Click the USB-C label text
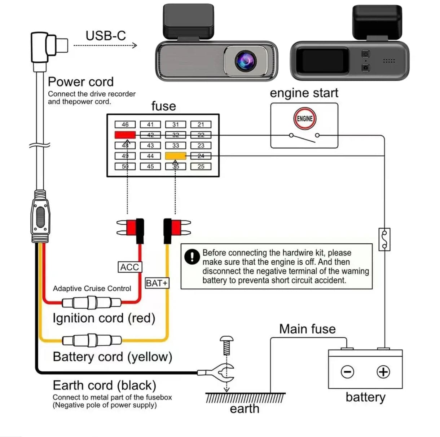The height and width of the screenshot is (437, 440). [x=106, y=36]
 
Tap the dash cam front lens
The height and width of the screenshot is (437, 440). [x=246, y=60]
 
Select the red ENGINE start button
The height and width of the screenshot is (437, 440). [x=305, y=118]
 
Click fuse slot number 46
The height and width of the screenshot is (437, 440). [x=125, y=124]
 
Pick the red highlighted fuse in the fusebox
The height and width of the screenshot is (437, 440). [x=125, y=135]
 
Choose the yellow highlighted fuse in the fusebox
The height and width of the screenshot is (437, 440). [x=176, y=156]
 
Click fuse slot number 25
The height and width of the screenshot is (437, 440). [x=201, y=166]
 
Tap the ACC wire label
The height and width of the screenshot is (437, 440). [x=129, y=267]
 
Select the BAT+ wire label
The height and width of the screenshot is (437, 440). [x=157, y=283]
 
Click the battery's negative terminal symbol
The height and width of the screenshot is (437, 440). [x=347, y=371]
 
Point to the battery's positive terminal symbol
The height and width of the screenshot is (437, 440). [x=383, y=371]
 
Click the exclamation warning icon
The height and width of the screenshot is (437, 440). [x=192, y=256]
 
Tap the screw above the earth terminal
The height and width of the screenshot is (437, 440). [x=226, y=345]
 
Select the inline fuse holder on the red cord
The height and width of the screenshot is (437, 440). [x=92, y=302]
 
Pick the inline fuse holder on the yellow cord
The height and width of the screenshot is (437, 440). [x=92, y=340]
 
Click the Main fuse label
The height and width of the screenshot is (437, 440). [x=307, y=329]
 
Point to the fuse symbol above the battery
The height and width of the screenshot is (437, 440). [x=384, y=239]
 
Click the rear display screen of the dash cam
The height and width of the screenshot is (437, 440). [x=322, y=60]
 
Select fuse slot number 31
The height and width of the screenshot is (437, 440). [x=176, y=124]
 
